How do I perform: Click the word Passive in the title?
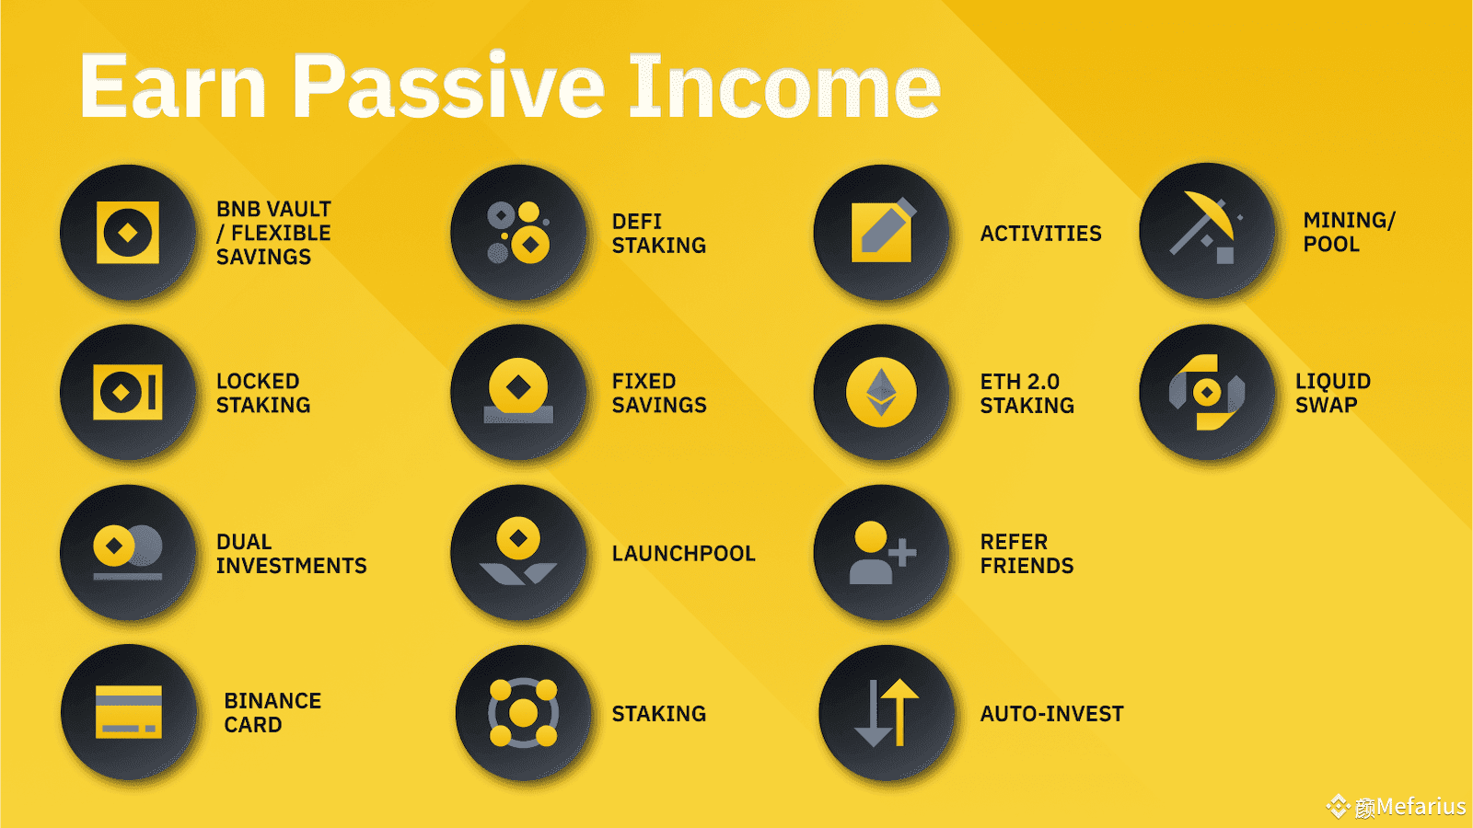(x=448, y=87)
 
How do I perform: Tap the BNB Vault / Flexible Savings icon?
(x=128, y=233)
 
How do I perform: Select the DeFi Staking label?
(x=658, y=234)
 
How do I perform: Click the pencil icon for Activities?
(x=882, y=233)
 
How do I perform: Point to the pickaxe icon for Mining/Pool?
(x=1207, y=231)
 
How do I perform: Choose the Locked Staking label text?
(x=262, y=393)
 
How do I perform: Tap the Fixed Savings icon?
(x=518, y=392)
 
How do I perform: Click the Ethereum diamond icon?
(x=881, y=392)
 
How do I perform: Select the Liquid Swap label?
(x=1332, y=393)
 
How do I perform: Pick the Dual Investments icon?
(x=128, y=552)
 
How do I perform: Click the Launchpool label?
(x=683, y=554)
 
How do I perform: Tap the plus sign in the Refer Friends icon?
(x=902, y=553)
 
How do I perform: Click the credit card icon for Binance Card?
(x=129, y=712)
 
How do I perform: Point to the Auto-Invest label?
(x=1051, y=714)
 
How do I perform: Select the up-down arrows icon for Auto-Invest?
(x=886, y=713)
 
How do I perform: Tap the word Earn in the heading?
(x=173, y=87)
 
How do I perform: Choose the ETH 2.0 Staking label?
(x=1026, y=393)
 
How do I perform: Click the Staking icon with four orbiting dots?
(x=523, y=713)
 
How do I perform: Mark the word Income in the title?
(x=784, y=87)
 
